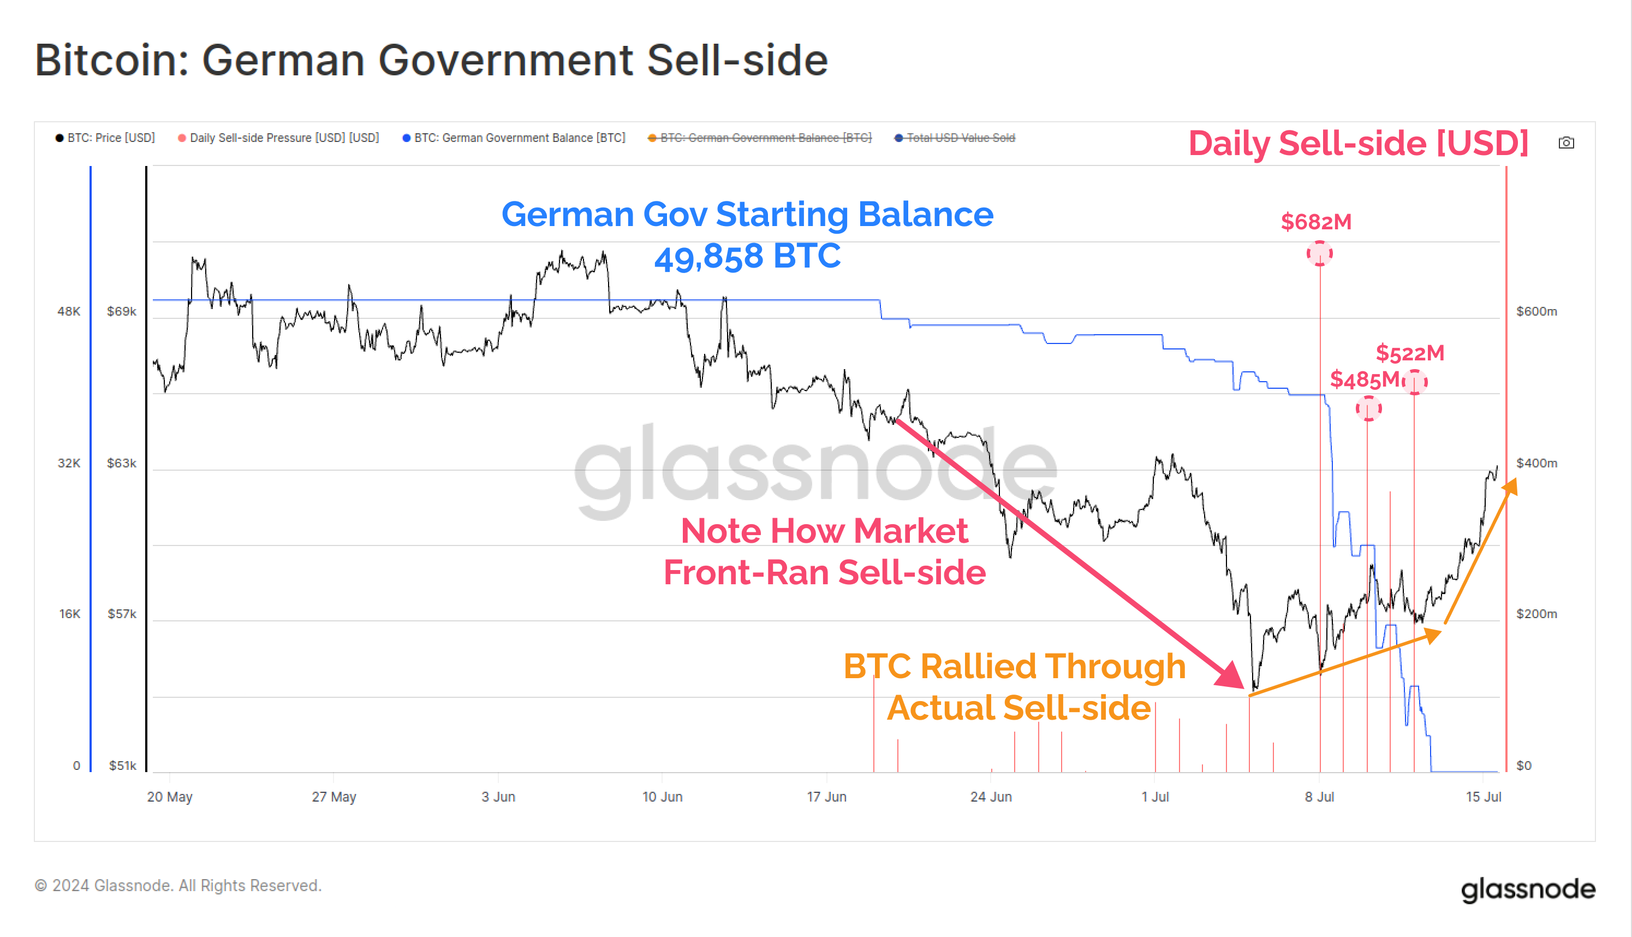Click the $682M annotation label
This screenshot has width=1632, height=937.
point(1315,222)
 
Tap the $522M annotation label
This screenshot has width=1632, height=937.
point(1409,353)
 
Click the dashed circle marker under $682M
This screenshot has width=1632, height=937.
point(1319,253)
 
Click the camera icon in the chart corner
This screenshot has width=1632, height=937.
point(1566,143)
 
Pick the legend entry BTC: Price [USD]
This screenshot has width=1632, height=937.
point(105,138)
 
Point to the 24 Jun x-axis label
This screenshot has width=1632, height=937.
point(991,797)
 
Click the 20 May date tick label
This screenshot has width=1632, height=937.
point(170,797)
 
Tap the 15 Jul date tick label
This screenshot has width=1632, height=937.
point(1483,797)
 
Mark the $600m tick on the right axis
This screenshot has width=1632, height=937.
point(1536,311)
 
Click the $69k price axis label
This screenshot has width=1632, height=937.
point(122,311)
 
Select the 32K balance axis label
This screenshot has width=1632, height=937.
point(69,464)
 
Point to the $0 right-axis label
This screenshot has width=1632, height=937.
point(1523,766)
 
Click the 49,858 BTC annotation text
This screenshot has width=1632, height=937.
point(747,256)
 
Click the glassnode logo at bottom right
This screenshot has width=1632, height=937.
point(1528,889)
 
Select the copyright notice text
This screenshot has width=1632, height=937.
point(177,886)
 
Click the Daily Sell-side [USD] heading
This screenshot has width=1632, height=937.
point(1358,143)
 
